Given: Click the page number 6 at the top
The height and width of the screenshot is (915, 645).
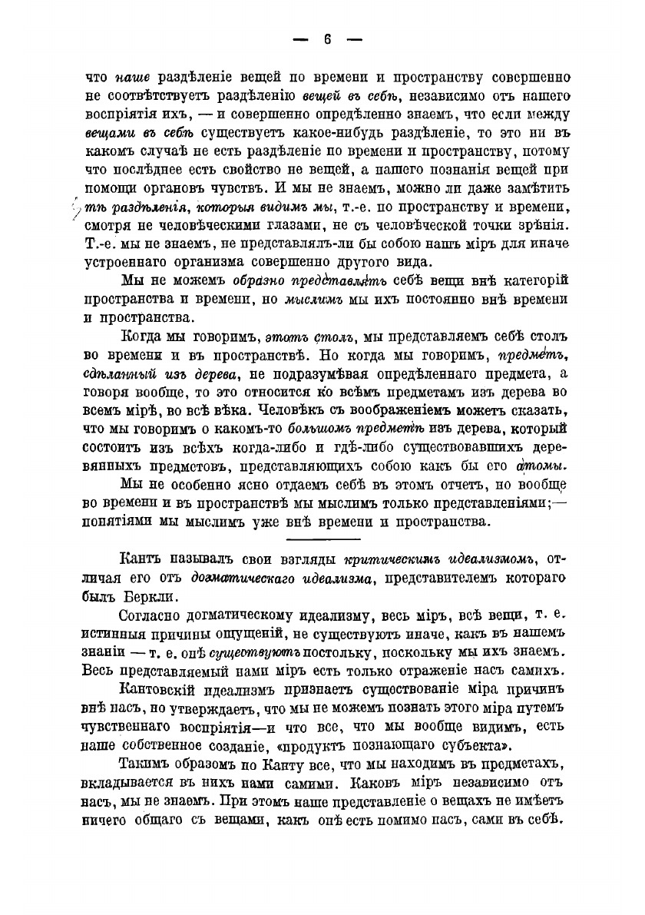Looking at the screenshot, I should [x=326, y=40].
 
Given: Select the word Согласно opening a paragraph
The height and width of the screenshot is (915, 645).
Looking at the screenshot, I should [x=157, y=617].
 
